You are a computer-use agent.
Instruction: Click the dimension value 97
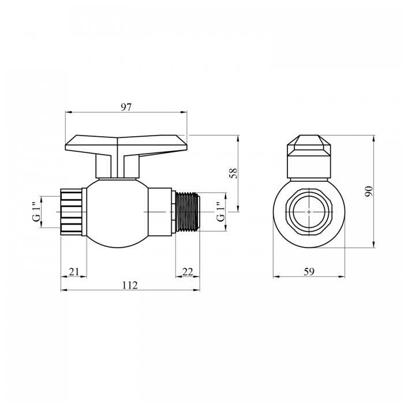pyautogui.click(x=126, y=107)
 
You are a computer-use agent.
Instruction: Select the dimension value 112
pyautogui.click(x=130, y=285)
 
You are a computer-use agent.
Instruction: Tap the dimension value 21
pyautogui.click(x=74, y=272)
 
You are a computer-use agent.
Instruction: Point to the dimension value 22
pyautogui.click(x=188, y=272)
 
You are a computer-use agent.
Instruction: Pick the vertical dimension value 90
pyautogui.click(x=369, y=191)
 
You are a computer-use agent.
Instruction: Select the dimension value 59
pyautogui.click(x=309, y=272)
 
